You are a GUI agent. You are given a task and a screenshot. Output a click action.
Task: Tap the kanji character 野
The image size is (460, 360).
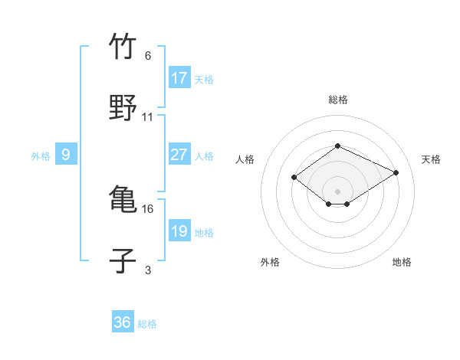(123, 106)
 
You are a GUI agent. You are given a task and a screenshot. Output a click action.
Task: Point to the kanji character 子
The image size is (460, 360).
(123, 260)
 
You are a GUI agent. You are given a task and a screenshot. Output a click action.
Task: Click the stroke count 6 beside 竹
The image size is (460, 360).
(148, 56)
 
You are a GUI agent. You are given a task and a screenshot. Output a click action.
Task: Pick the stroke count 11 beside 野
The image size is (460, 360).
(148, 117)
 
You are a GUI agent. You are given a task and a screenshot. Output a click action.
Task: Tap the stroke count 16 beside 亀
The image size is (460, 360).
(148, 208)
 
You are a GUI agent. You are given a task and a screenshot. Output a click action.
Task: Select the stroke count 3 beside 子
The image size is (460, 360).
(148, 270)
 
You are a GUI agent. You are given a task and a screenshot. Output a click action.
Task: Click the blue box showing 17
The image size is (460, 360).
(179, 78)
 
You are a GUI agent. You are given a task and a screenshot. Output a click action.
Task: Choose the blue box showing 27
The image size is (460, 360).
(179, 155)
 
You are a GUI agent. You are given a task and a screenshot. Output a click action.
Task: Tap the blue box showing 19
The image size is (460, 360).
(179, 231)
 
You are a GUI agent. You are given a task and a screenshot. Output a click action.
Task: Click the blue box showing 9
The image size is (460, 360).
(66, 155)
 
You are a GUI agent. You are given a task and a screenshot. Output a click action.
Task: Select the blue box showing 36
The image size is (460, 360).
(123, 322)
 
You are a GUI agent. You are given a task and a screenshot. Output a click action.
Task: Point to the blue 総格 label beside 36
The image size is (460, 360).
(147, 324)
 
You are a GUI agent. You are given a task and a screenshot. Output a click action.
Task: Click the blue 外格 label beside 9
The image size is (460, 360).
(41, 156)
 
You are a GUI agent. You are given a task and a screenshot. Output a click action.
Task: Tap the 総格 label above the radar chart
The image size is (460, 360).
(337, 100)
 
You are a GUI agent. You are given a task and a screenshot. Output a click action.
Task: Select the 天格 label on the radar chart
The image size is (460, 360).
(431, 159)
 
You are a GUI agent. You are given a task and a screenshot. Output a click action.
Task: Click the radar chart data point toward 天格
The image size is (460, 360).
(396, 173)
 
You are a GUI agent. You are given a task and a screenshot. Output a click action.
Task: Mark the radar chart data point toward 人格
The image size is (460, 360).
(294, 178)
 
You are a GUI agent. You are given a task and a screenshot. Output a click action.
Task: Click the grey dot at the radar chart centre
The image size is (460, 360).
(337, 191)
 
